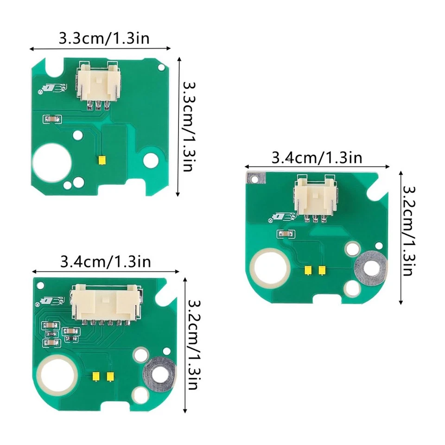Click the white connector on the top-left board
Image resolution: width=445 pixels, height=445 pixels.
click(x=98, y=85)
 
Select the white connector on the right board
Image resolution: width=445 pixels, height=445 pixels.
click(x=315, y=198)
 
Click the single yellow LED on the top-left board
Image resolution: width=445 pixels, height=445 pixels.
click(x=102, y=160)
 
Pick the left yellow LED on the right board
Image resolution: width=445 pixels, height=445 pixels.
click(x=307, y=270)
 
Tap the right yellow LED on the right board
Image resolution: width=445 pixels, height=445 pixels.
click(x=322, y=270)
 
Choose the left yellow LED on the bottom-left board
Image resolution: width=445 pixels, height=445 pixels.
click(x=95, y=376)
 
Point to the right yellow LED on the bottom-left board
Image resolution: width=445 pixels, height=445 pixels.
click(x=110, y=376)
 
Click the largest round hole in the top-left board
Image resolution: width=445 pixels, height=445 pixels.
click(x=52, y=162)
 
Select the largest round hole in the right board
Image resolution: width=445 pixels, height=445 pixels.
click(x=270, y=268)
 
